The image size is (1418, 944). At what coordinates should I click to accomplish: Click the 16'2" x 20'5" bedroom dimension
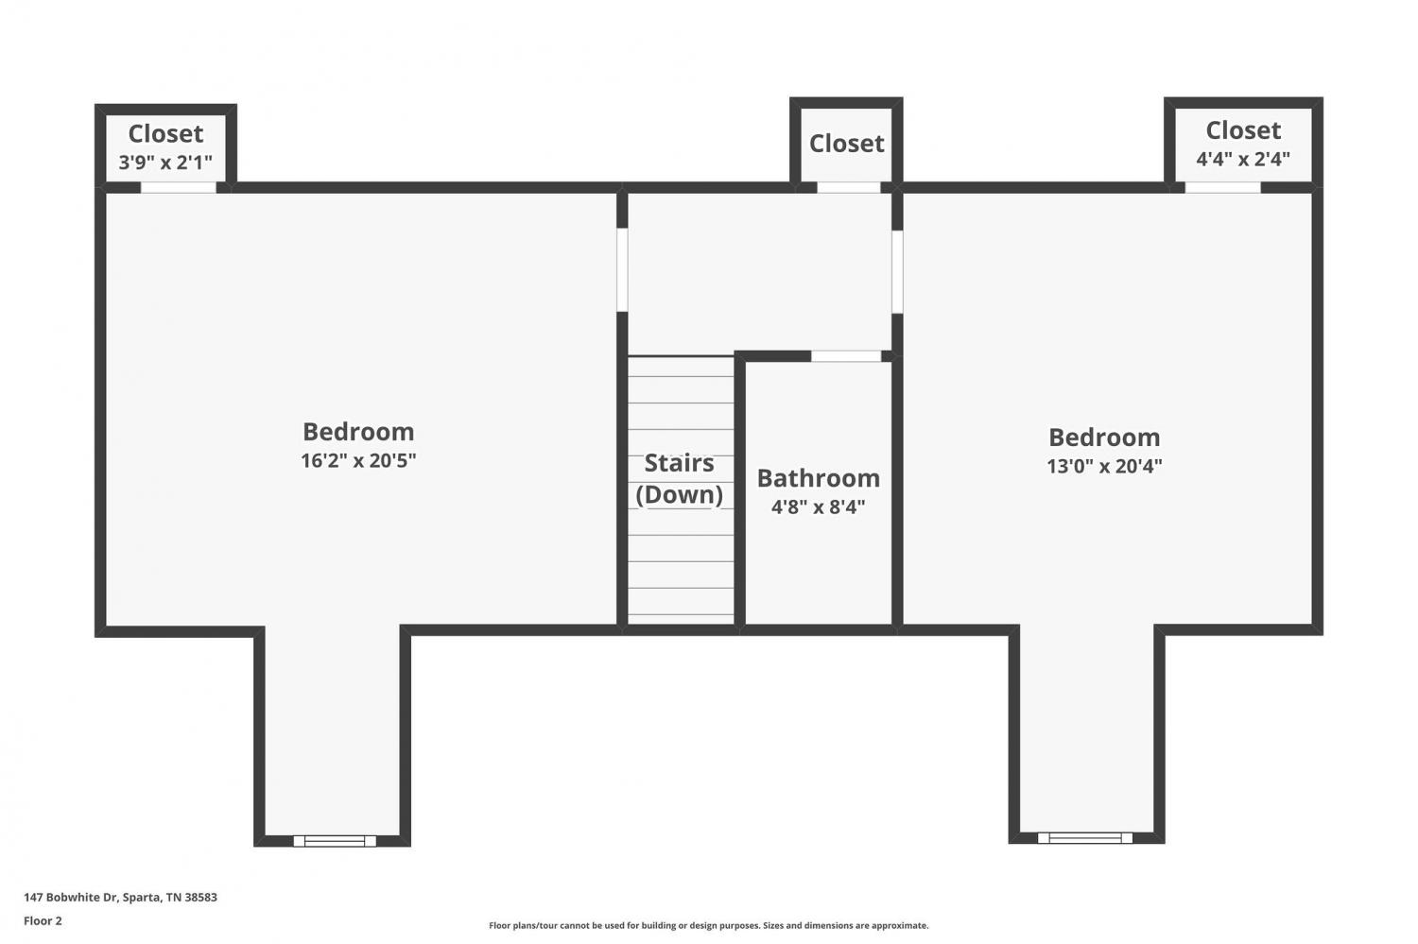pos(358,460)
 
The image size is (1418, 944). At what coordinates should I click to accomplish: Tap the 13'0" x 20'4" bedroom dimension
pos(1104,466)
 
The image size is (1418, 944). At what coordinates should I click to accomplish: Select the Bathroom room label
pos(819,478)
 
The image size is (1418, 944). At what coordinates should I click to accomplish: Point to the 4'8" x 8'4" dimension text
pos(818,506)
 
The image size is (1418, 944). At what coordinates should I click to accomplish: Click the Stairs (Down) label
pos(680,479)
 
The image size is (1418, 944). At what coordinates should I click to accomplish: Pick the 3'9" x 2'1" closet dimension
pos(165,163)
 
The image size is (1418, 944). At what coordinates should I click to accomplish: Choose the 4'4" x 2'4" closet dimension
pos(1243,159)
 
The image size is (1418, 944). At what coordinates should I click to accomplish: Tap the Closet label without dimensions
pos(846,144)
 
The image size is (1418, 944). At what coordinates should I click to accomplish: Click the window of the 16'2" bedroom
pos(335,841)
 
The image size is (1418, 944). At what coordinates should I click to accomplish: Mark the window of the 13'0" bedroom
pos(1085,838)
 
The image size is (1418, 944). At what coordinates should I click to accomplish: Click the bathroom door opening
pos(846,356)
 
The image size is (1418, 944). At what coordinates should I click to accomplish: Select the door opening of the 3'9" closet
pos(178,187)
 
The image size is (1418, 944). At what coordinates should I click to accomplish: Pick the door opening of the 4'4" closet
pos(1222,187)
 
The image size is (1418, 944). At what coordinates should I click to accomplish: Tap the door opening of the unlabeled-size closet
pos(848,187)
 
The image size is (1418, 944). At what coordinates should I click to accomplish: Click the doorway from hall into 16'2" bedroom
pos(622,269)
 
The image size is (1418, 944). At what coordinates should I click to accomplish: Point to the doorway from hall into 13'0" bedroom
pos(897,271)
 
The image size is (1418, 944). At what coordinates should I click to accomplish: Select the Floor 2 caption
pos(43,920)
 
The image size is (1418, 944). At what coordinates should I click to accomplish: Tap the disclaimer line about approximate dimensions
pos(708,926)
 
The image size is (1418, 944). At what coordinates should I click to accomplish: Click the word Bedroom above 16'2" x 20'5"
pos(358,432)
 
